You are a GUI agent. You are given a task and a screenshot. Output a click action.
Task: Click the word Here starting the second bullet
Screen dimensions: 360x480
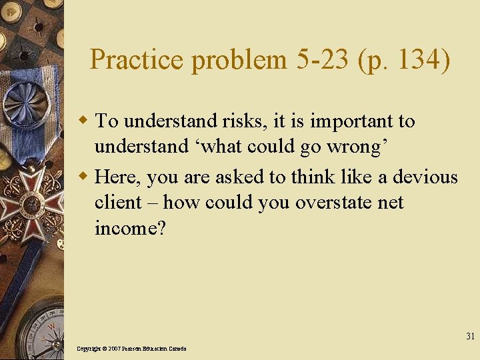point(118,177)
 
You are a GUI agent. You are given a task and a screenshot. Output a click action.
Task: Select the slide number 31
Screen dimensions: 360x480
point(470,336)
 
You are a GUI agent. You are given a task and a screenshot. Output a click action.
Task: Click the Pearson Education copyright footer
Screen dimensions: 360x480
point(131,349)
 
